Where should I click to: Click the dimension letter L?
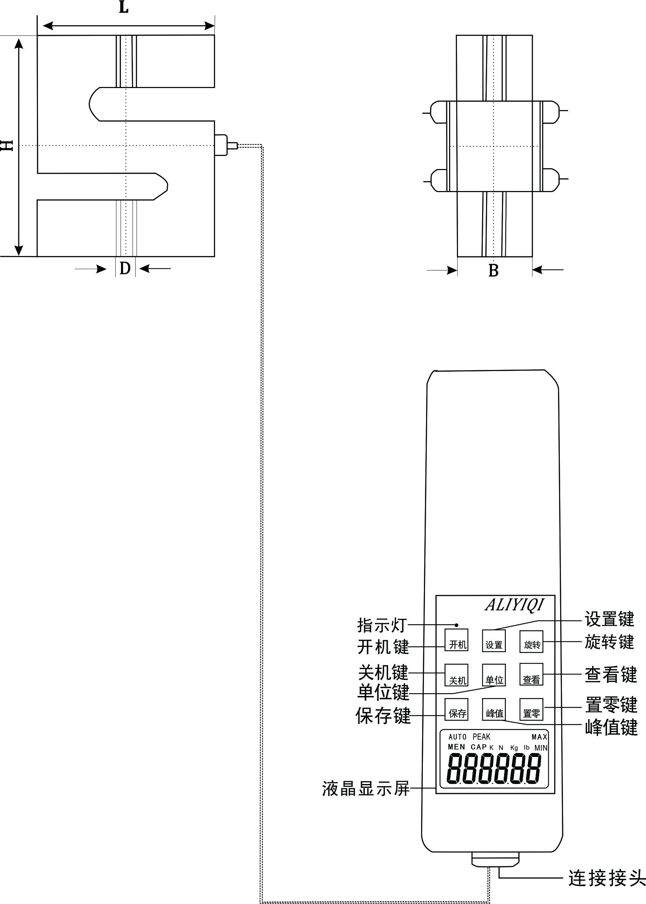(x=124, y=7)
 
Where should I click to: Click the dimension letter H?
(x=7, y=145)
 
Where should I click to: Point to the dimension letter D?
(x=125, y=268)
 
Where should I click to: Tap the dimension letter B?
(x=493, y=270)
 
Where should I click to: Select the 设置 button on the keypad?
(x=494, y=641)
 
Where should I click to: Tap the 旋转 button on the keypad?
(x=531, y=641)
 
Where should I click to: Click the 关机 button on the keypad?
(x=456, y=675)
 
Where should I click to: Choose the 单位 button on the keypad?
(x=494, y=675)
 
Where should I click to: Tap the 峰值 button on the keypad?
(x=494, y=709)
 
